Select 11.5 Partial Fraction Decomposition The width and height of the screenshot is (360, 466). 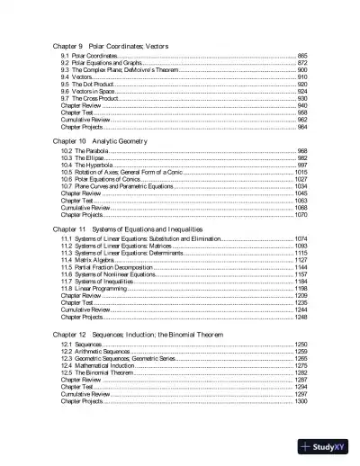pyautogui.click(x=109, y=268)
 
